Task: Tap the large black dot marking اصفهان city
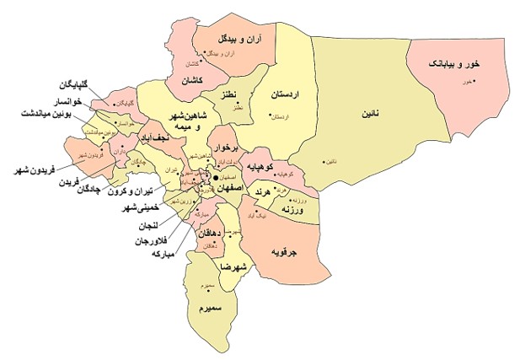pos(216,179)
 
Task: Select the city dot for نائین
pos(325,162)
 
